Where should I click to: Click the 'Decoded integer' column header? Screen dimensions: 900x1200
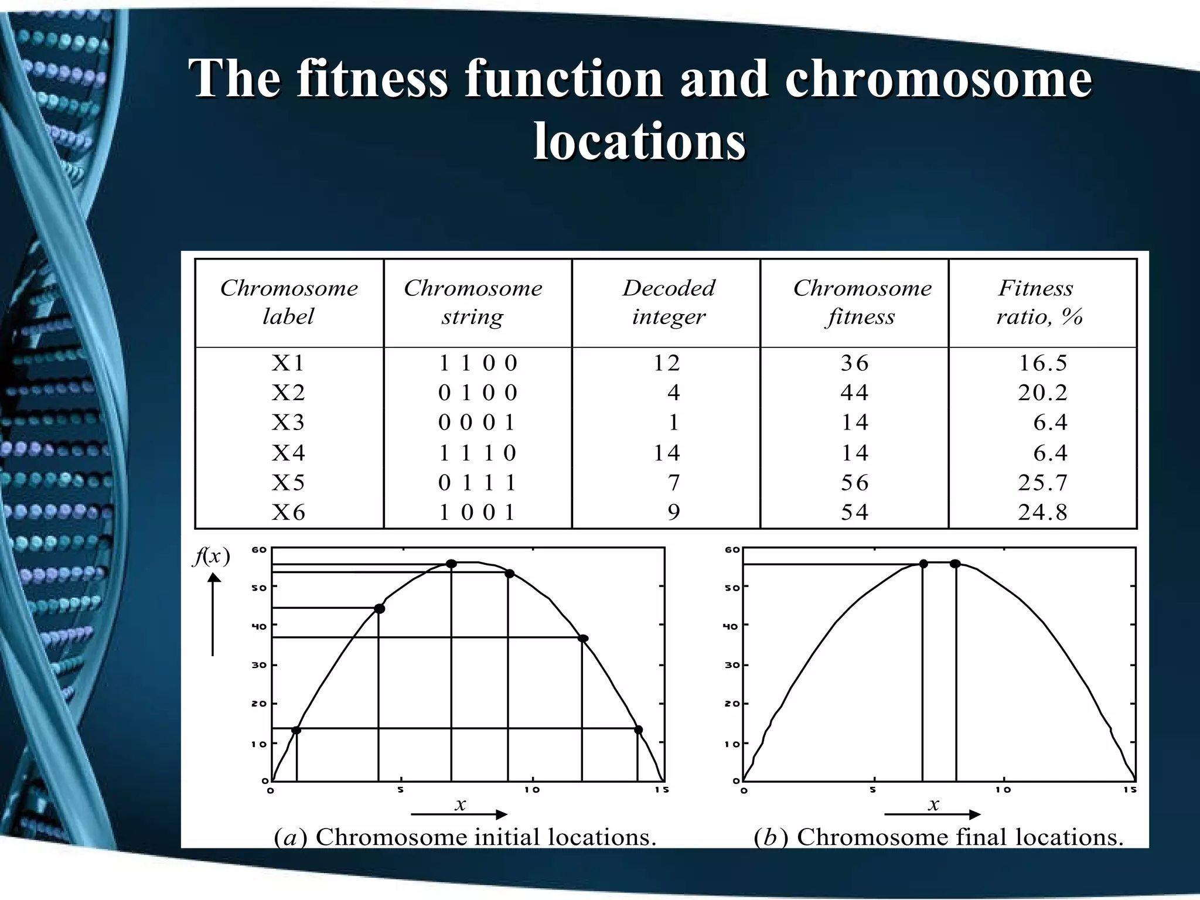669,302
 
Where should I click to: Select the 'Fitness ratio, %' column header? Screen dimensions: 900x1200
1038,302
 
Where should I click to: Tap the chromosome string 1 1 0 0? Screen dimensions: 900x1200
478,363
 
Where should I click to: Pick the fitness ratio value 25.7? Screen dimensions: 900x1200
1042,483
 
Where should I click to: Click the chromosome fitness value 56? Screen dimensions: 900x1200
854,483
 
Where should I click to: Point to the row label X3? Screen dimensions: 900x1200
288,422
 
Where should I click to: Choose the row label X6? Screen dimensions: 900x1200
288,513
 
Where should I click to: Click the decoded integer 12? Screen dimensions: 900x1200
667,363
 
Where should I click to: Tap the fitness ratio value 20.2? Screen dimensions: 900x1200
1042,393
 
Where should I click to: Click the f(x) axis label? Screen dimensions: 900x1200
212,556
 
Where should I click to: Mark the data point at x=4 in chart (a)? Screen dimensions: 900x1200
380,609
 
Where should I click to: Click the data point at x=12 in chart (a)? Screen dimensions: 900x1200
583,639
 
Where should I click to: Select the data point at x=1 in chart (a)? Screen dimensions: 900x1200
296,730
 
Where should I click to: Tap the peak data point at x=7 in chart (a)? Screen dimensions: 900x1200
451,564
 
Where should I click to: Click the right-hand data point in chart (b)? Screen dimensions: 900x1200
955,564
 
